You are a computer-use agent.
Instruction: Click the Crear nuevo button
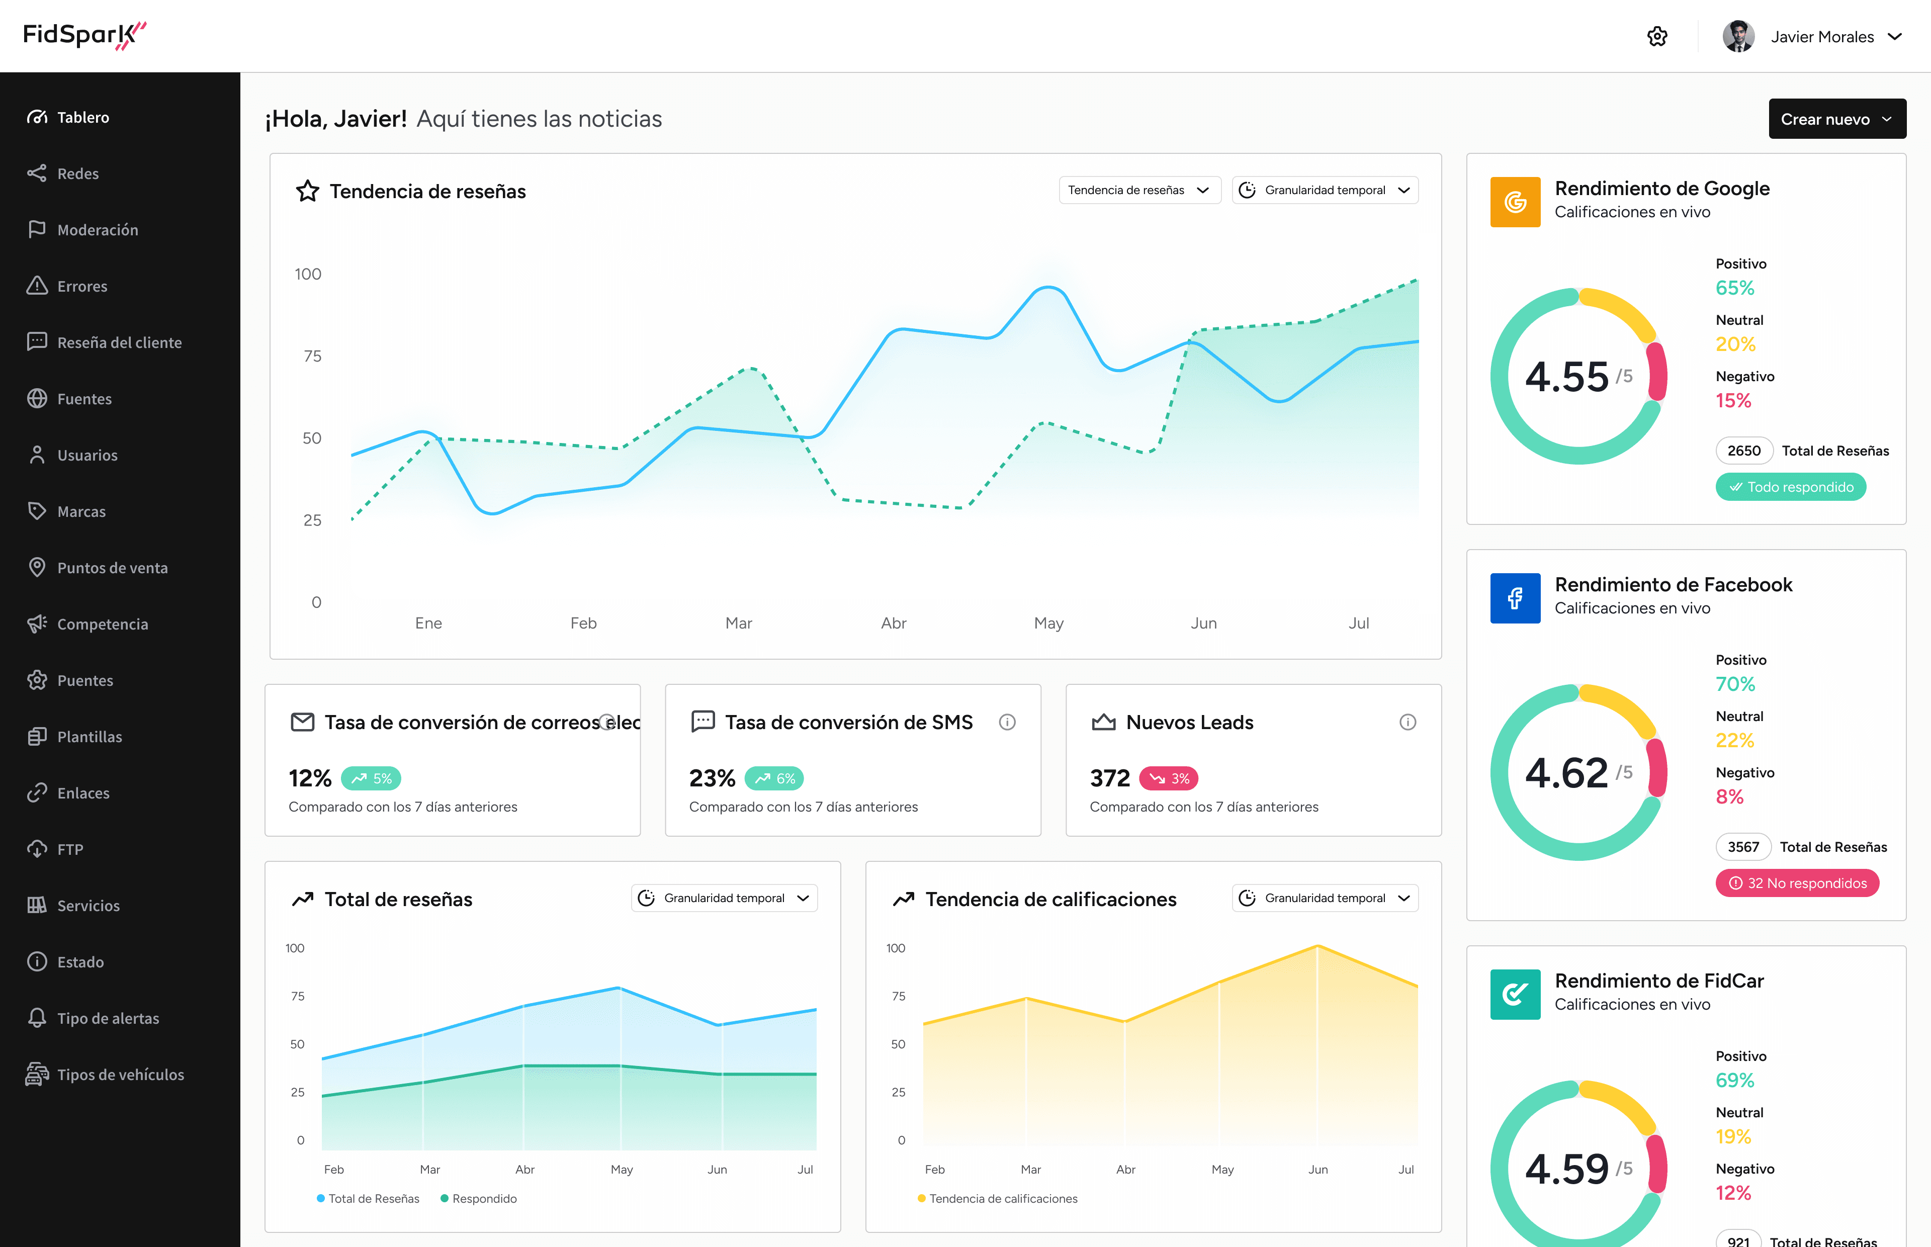[x=1836, y=119]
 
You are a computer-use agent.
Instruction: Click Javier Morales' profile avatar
[x=1737, y=36]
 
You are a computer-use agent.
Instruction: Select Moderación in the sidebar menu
[x=97, y=230]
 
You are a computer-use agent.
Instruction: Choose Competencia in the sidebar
[x=102, y=625]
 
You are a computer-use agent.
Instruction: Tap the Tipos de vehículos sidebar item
[x=120, y=1075]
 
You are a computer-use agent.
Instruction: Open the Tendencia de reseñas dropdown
[x=1139, y=190]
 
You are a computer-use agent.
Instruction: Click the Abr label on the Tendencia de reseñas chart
[x=893, y=622]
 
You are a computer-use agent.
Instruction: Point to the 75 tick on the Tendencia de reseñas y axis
[x=312, y=357]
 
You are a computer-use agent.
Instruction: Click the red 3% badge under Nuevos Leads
[x=1168, y=778]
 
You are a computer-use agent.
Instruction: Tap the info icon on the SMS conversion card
[x=1006, y=722]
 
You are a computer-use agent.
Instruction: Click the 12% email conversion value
[x=309, y=778]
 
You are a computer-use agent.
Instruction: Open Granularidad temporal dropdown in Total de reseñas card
[x=724, y=898]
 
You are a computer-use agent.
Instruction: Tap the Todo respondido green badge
[x=1790, y=487]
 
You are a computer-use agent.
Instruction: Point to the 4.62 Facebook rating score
[x=1566, y=772]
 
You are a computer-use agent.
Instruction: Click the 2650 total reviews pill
[x=1743, y=451]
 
